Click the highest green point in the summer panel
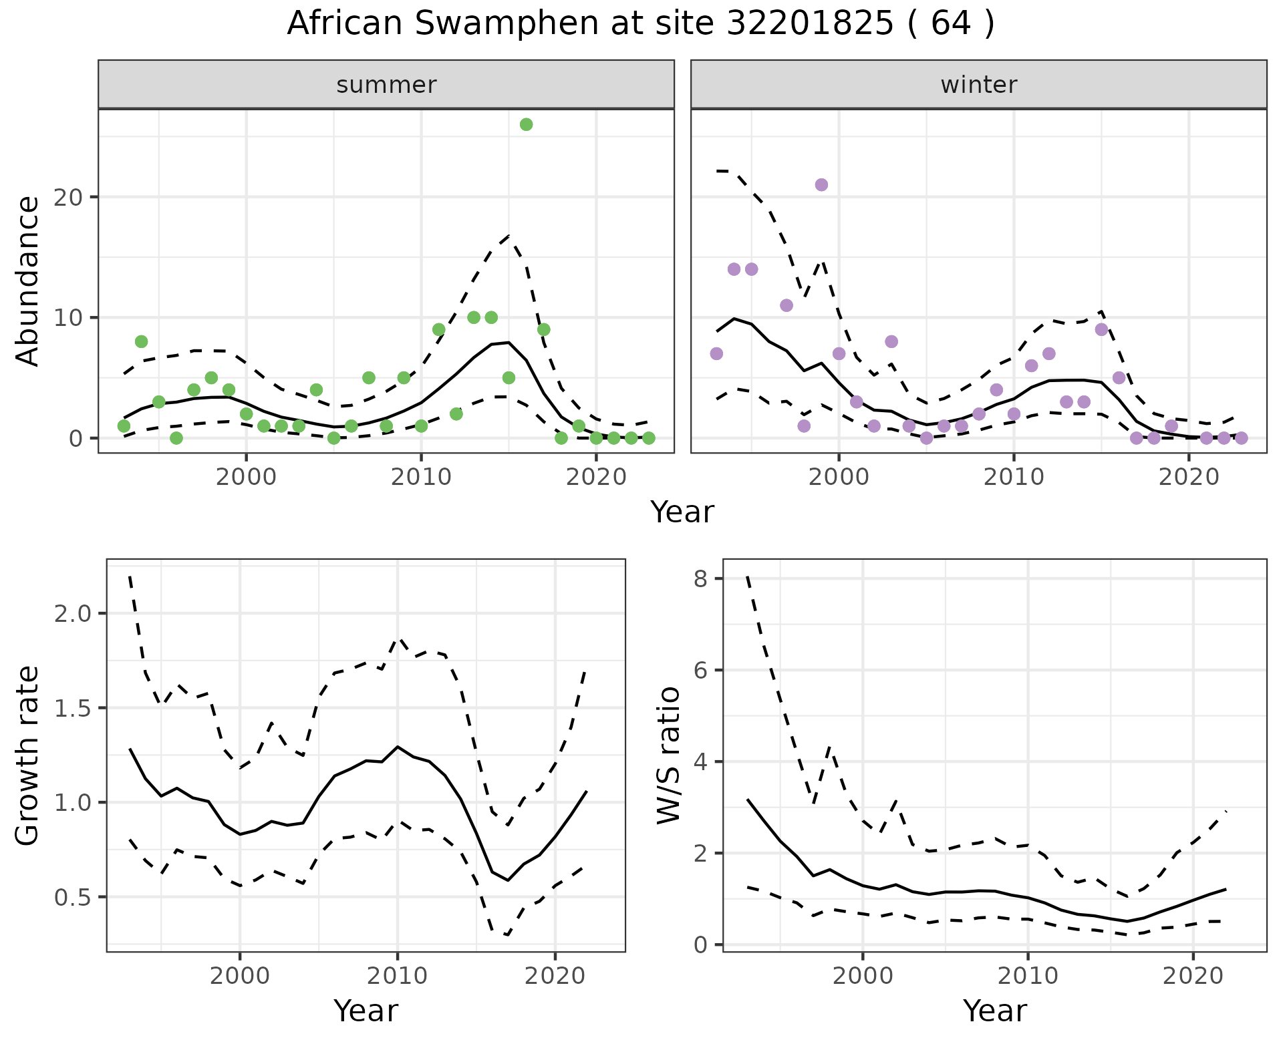point(526,124)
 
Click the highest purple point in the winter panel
point(821,185)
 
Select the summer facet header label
point(386,85)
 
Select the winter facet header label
point(978,85)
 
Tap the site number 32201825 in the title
point(809,24)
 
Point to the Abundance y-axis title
point(28,281)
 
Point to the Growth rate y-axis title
point(28,755)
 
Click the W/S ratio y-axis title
point(668,755)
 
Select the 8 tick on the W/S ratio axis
point(700,578)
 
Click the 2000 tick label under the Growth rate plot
point(240,976)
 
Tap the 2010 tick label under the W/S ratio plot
point(1028,976)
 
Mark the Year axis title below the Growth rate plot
point(366,1011)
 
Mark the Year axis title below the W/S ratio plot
point(994,1011)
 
